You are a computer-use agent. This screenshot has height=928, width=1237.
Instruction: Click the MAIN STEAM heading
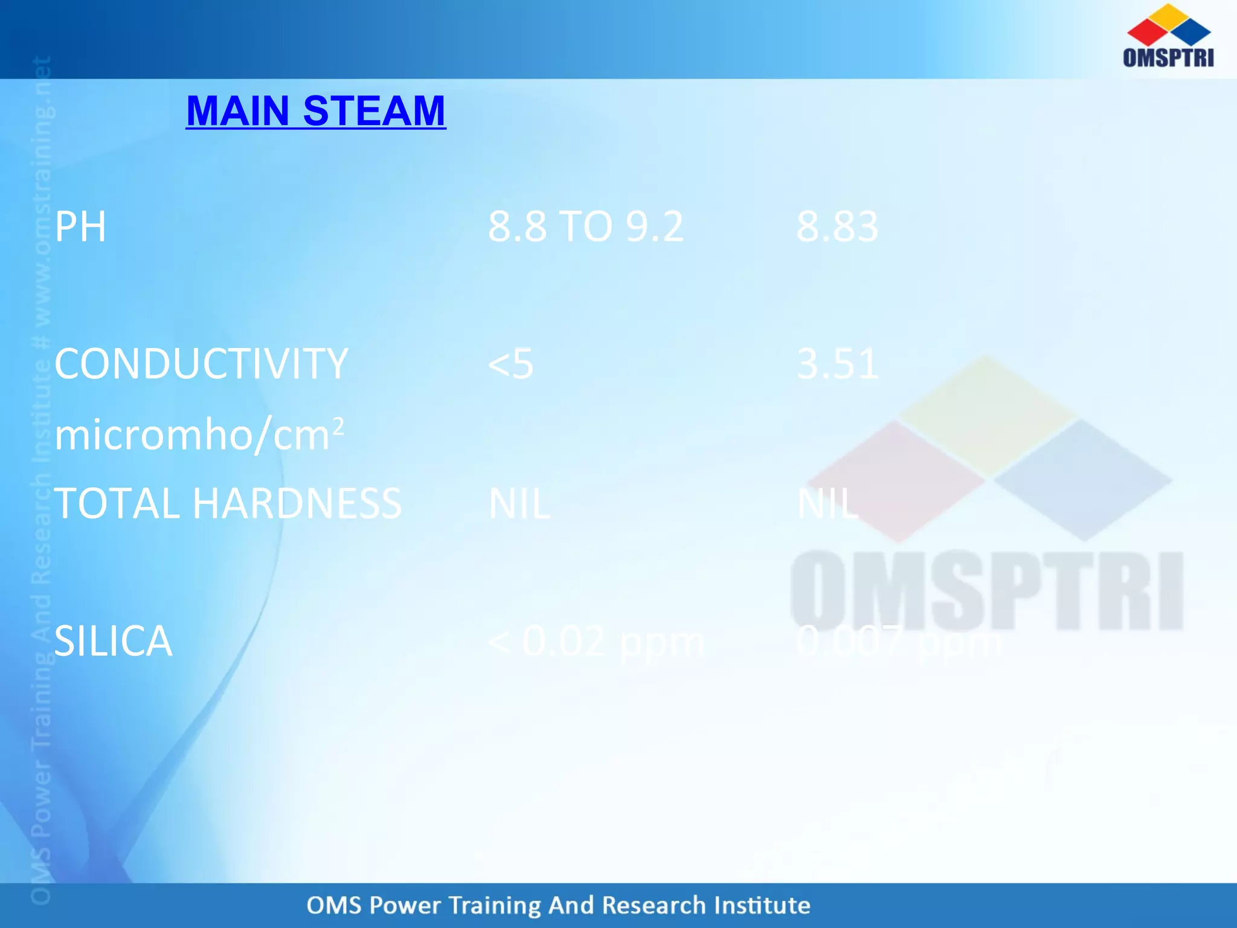315,111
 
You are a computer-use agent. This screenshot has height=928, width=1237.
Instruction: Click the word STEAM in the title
374,111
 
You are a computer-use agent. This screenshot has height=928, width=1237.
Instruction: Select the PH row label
80,227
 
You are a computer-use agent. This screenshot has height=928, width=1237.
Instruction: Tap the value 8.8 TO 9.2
585,227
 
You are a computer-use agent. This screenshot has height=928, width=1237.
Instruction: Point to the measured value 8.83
837,227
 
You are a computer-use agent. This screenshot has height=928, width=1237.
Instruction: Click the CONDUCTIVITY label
201,364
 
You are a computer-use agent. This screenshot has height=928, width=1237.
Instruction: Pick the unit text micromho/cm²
199,435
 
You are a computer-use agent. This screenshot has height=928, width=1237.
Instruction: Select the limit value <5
510,364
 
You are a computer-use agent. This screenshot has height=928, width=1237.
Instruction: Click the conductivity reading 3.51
837,364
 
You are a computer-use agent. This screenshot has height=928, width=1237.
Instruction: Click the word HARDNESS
297,503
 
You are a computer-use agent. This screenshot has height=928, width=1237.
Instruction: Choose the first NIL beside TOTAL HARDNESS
519,503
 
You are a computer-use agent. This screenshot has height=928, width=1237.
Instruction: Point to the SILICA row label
113,641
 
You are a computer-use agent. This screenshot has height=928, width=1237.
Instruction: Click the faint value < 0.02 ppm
596,641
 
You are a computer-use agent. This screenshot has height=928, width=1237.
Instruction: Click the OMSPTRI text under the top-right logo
1168,57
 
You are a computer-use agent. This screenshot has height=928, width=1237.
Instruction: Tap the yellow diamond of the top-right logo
1169,16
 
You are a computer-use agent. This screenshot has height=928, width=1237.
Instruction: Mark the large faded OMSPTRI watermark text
986,591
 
